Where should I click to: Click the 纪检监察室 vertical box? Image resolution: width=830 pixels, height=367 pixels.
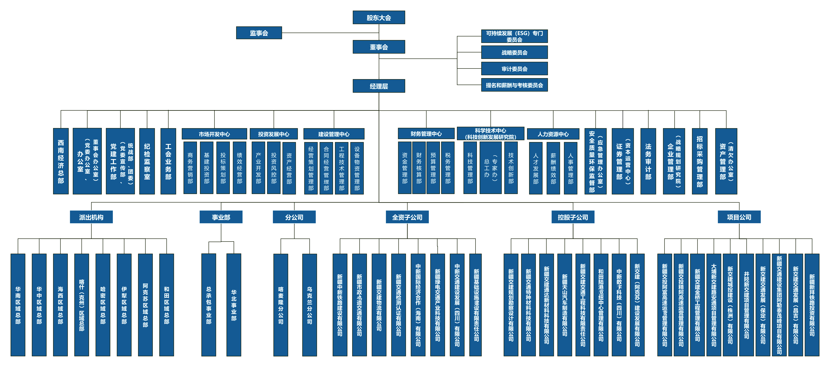[147, 161]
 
